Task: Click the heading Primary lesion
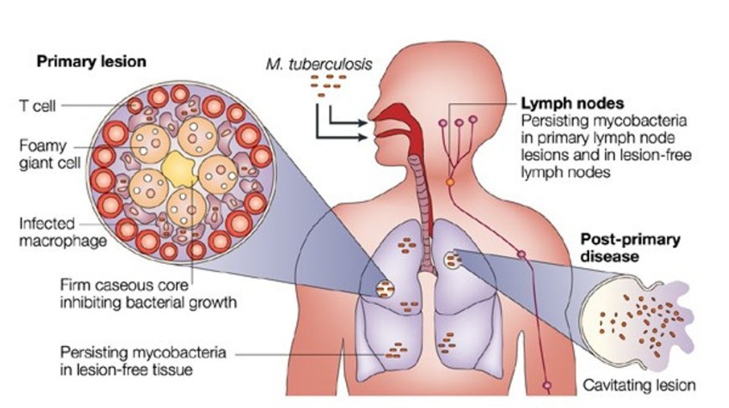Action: [90, 61]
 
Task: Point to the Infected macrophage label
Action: [47, 233]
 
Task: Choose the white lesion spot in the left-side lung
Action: [386, 289]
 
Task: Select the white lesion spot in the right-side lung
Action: [454, 260]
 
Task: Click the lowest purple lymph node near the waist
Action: [547, 386]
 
